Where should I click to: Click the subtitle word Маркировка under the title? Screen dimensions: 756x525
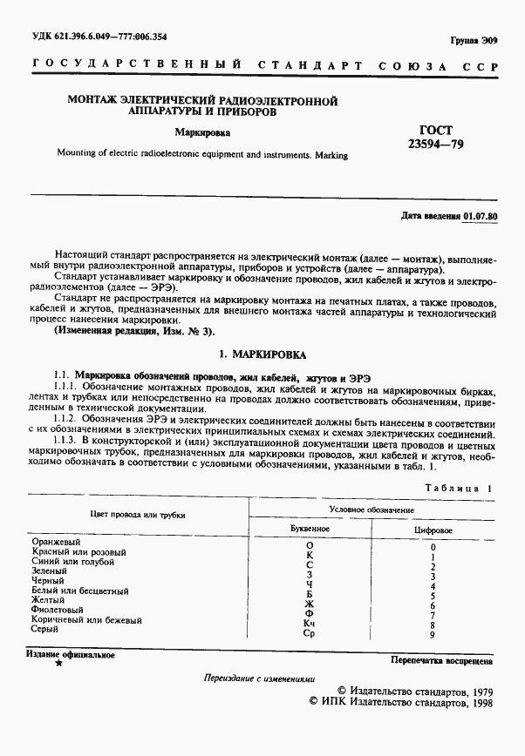click(202, 134)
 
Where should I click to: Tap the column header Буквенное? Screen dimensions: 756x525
click(309, 529)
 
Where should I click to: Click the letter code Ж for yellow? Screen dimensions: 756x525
click(309, 602)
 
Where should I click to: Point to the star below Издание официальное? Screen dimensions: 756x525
click(58, 664)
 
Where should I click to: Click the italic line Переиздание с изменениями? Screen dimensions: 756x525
click(259, 678)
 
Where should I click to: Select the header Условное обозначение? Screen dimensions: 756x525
click(372, 509)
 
